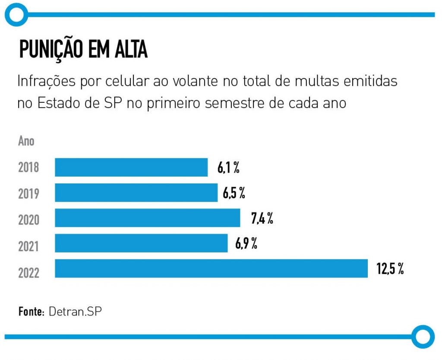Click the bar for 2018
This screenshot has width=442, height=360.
click(131, 167)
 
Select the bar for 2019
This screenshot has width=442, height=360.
click(136, 193)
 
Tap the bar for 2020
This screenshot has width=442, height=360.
click(147, 218)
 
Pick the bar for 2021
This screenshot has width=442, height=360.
click(141, 243)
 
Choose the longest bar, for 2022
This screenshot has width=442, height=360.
click(211, 268)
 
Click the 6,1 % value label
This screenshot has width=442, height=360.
click(228, 168)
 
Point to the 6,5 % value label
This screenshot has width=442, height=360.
click(234, 193)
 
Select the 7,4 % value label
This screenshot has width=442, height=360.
click(262, 218)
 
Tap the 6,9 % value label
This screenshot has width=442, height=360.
click(246, 243)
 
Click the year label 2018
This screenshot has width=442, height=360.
click(28, 168)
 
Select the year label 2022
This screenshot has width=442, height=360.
click(28, 273)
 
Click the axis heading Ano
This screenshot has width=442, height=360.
click(26, 141)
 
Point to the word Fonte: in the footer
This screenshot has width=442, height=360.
click(32, 312)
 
